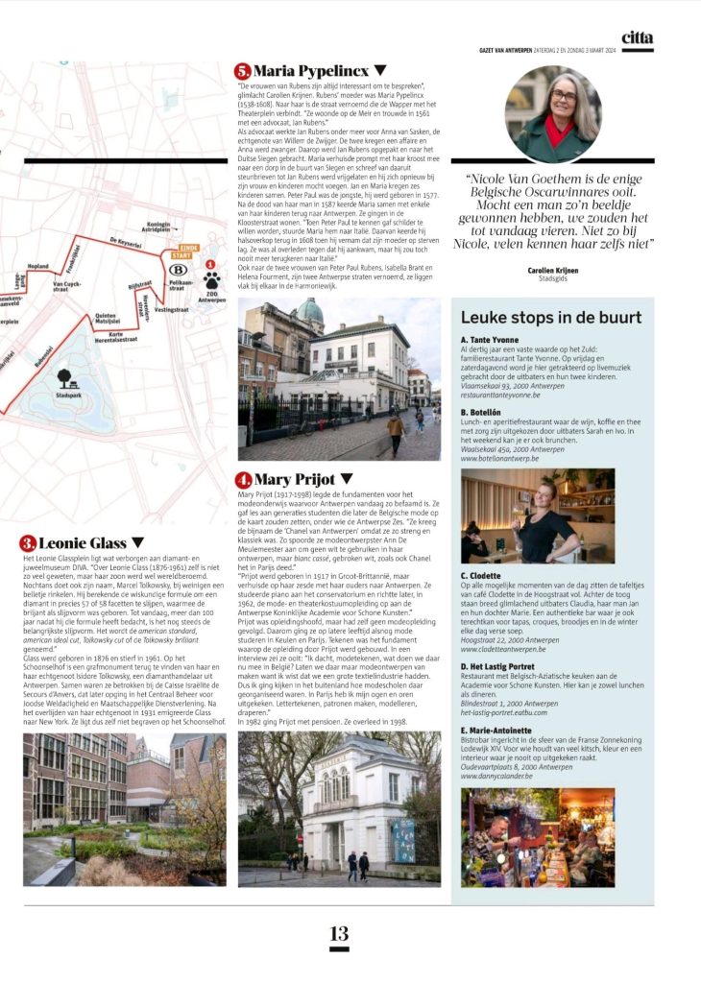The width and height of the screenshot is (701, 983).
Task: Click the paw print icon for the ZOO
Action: pos(210,281)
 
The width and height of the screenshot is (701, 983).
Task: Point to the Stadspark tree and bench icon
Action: pos(64,379)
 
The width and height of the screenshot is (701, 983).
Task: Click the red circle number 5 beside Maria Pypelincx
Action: pos(242,70)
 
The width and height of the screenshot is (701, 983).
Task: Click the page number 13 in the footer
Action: pos(339,933)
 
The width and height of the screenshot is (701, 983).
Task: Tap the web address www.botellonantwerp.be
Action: pos(499,459)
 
